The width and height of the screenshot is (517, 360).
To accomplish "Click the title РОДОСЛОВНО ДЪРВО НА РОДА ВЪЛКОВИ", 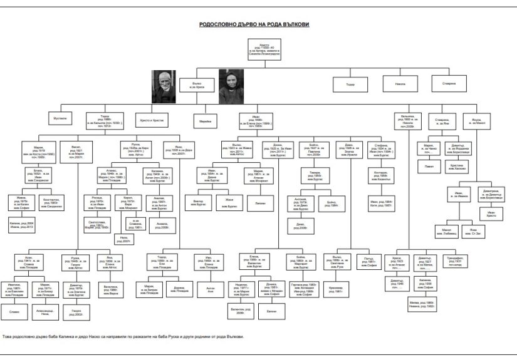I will click(x=259, y=24).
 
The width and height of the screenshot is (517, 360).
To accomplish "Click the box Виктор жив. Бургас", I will click(x=198, y=202).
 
